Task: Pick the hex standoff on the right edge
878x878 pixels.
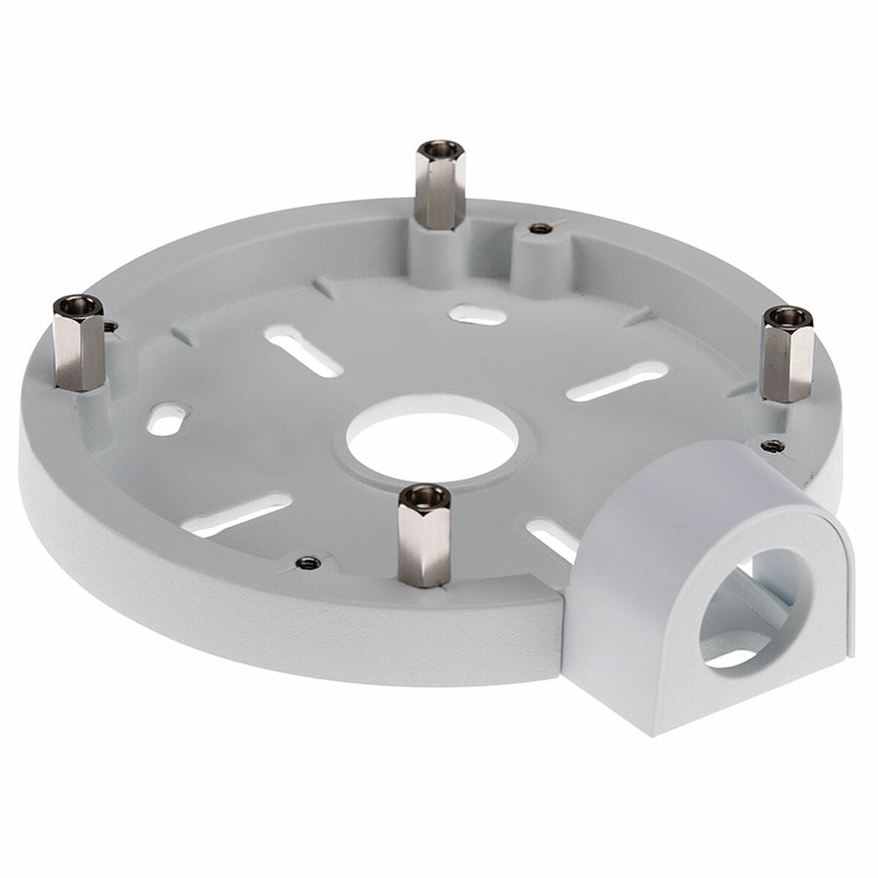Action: (787, 355)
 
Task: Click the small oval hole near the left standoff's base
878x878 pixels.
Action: (168, 422)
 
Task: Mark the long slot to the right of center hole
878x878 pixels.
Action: (616, 381)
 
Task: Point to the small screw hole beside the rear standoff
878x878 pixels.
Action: (540, 229)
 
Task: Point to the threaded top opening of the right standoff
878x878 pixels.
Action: (788, 317)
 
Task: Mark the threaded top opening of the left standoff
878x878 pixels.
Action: (78, 302)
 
